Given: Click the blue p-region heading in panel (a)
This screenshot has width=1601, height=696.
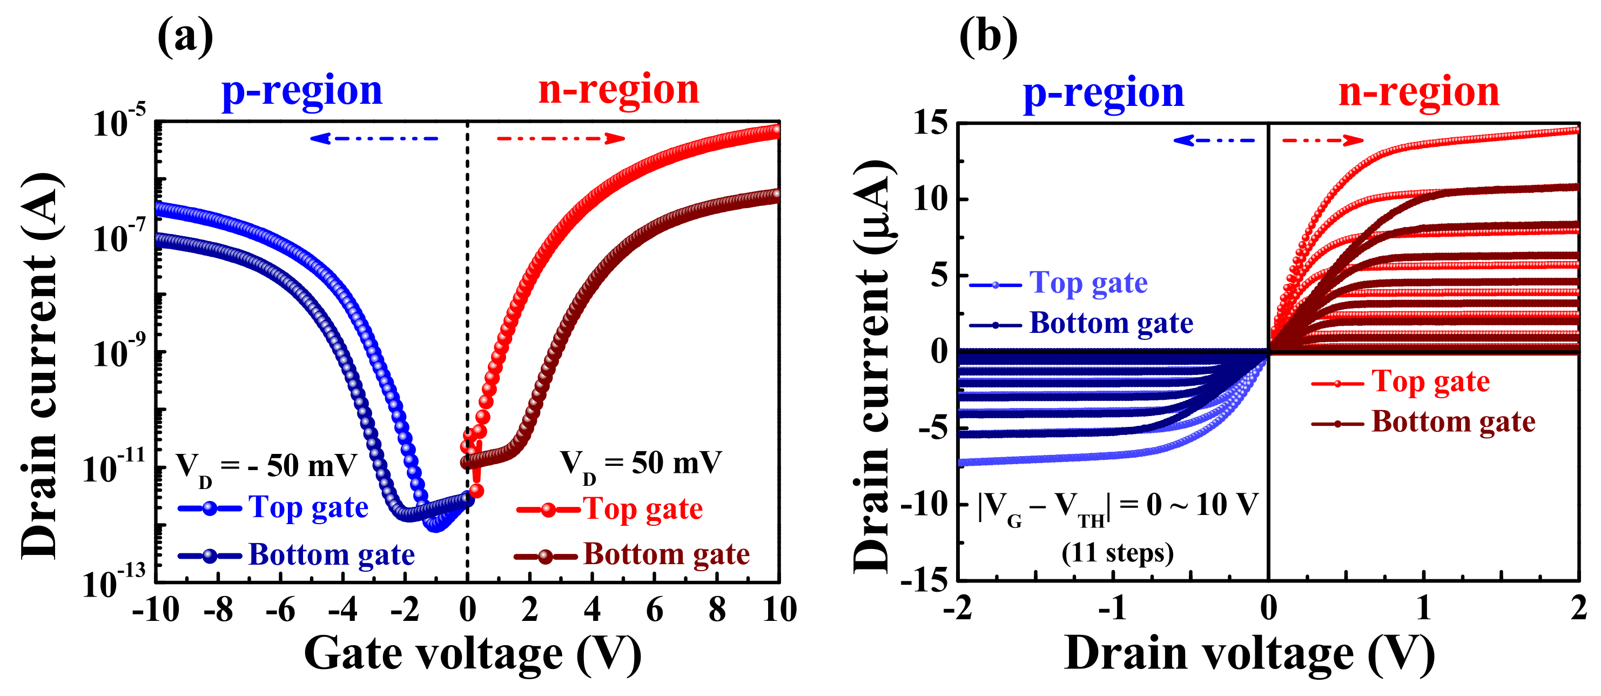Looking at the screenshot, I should [302, 91].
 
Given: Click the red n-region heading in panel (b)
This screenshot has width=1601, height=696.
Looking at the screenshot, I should [1419, 92].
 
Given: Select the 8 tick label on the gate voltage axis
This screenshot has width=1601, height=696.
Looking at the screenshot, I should [717, 610].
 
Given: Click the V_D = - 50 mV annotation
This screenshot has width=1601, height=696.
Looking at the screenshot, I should [267, 466].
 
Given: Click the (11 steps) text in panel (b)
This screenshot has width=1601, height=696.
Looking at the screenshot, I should [1118, 552].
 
